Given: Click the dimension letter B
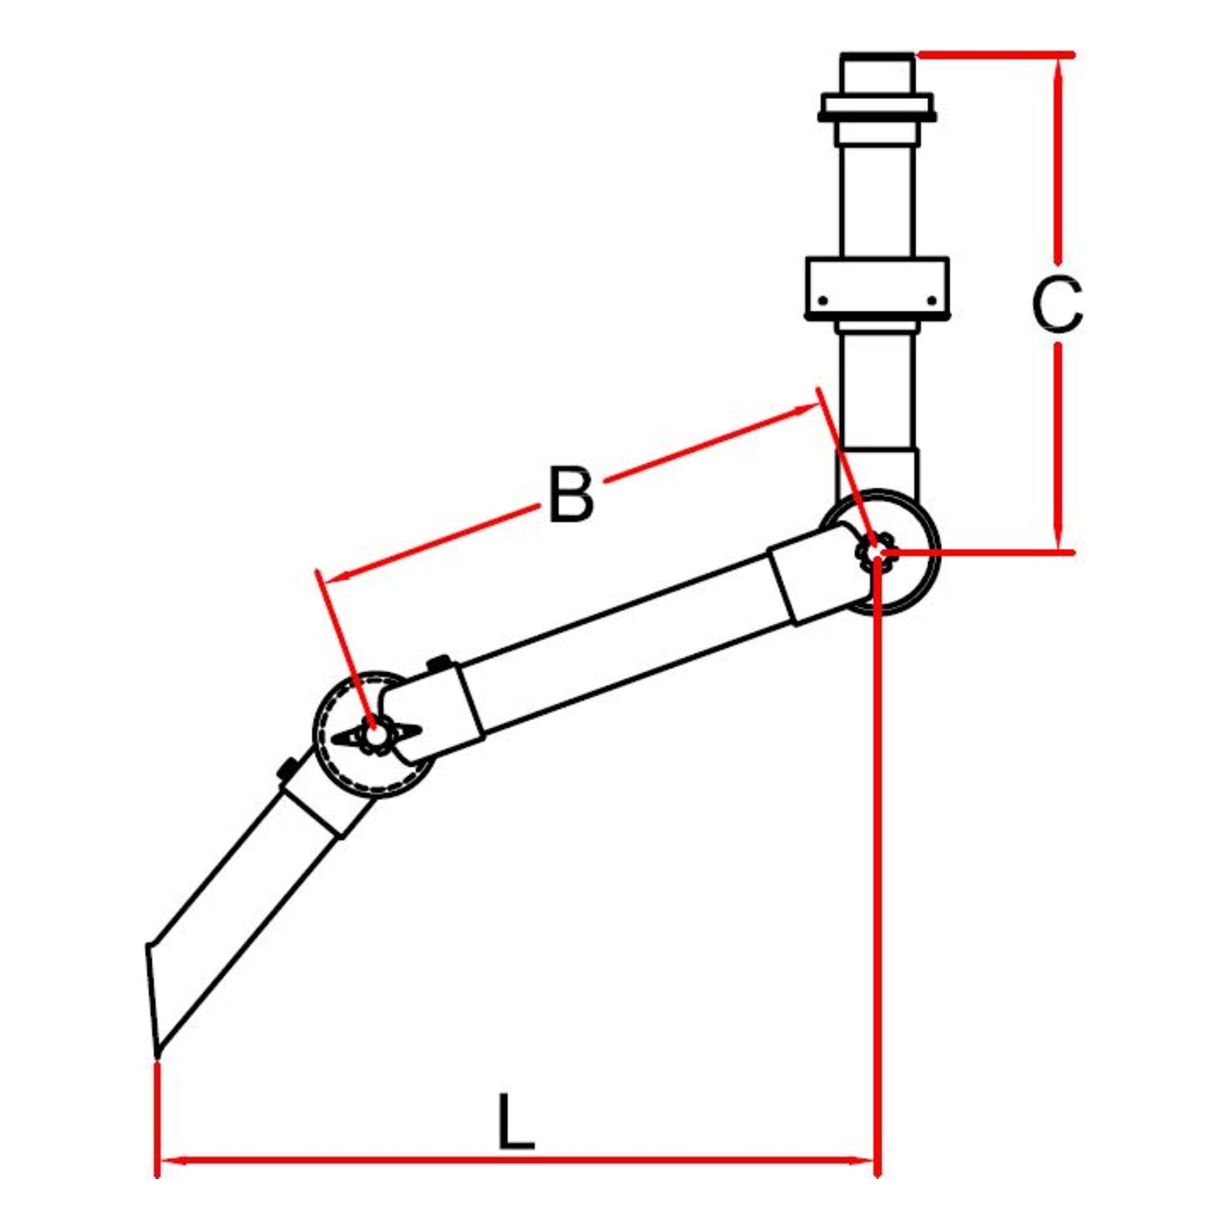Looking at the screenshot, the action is [571, 494].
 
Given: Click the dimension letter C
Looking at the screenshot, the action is [1056, 305].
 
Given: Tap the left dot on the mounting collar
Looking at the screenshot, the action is [823, 300].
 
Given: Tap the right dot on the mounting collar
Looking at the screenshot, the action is [932, 300].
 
